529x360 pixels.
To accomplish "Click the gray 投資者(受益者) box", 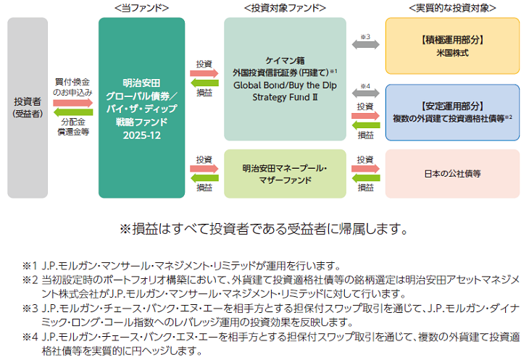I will click(28, 107).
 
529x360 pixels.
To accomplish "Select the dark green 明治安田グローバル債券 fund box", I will click(141, 107).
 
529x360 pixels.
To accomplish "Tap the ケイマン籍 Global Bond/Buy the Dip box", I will click(285, 79).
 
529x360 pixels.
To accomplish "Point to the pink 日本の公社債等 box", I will click(452, 174).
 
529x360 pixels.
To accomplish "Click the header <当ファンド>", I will click(141, 8).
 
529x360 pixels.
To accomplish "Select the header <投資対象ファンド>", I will click(285, 8).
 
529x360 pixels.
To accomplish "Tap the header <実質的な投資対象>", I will click(452, 8).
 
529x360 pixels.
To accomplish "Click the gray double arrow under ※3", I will click(365, 45).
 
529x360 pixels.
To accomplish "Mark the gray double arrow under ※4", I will click(365, 94).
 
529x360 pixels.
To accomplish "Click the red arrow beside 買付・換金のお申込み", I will click(73, 104).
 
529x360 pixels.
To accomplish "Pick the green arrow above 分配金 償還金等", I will click(73, 114).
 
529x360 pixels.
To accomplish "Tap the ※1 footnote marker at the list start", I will click(28, 265).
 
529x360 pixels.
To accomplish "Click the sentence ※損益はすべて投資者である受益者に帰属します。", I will click(264, 229).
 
